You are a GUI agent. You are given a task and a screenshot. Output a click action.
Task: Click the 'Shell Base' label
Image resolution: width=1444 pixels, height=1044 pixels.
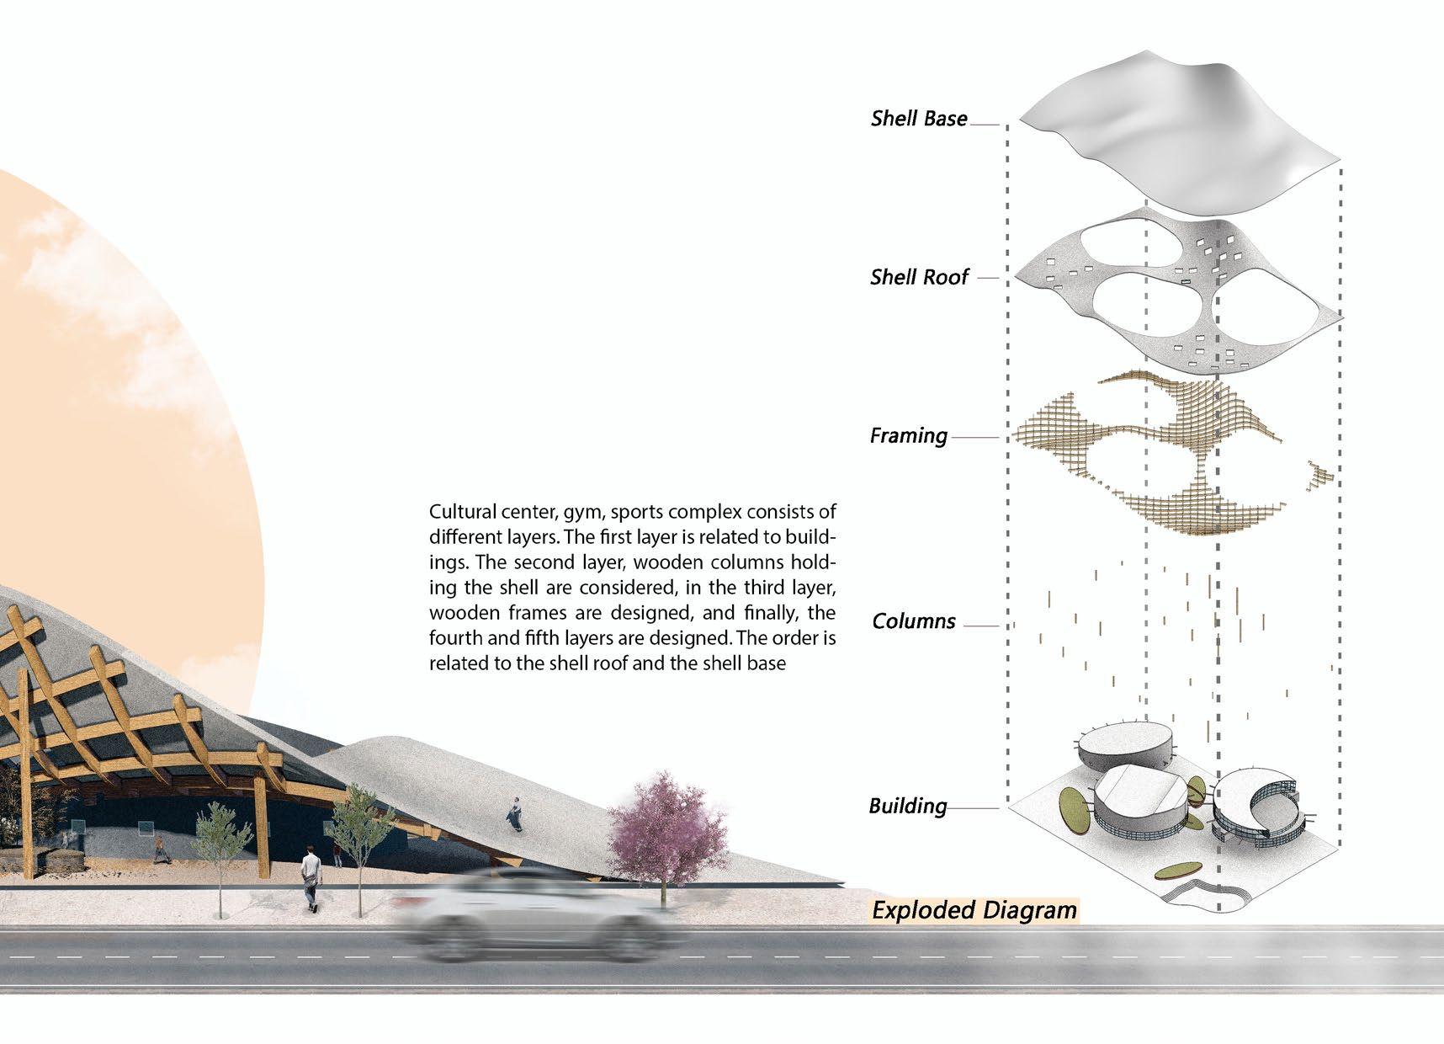pyautogui.click(x=919, y=119)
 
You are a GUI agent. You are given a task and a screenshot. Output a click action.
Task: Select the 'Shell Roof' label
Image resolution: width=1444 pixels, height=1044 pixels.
pyautogui.click(x=919, y=277)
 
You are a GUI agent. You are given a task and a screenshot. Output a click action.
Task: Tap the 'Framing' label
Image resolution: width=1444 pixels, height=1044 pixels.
pyautogui.click(x=908, y=436)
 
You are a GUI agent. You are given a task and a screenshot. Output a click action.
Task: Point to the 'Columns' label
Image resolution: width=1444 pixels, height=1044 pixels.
pyautogui.click(x=913, y=621)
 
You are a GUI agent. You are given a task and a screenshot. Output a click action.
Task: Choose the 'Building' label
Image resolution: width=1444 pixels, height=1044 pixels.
pyautogui.click(x=907, y=806)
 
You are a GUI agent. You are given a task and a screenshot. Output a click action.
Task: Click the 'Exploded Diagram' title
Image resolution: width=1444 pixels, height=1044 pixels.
pyautogui.click(x=974, y=910)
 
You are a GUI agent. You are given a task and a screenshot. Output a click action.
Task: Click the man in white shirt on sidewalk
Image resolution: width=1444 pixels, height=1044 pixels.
pyautogui.click(x=311, y=880)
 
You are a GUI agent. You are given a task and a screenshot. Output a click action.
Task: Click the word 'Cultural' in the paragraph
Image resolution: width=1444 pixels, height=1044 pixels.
pyautogui.click(x=460, y=512)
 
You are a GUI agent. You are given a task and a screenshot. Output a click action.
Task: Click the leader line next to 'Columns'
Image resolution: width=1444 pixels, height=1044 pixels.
pyautogui.click(x=980, y=626)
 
